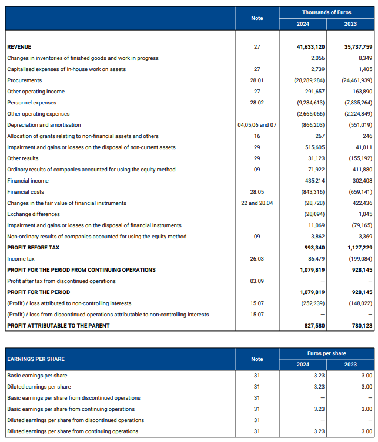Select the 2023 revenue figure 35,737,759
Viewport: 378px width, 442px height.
[x=357, y=47]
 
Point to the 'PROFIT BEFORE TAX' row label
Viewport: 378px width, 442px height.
[x=34, y=248]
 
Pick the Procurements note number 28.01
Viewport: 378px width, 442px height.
[x=257, y=80]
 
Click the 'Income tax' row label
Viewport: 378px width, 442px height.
[x=21, y=259]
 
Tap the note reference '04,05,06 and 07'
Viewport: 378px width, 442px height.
[x=257, y=125]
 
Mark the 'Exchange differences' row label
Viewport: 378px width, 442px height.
[x=34, y=214]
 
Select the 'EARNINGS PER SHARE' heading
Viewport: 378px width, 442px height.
[x=36, y=359]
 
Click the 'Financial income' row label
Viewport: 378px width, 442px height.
[x=28, y=181]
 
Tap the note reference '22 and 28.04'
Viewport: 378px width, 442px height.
[x=257, y=203]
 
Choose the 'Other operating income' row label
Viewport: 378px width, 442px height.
[x=36, y=92]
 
